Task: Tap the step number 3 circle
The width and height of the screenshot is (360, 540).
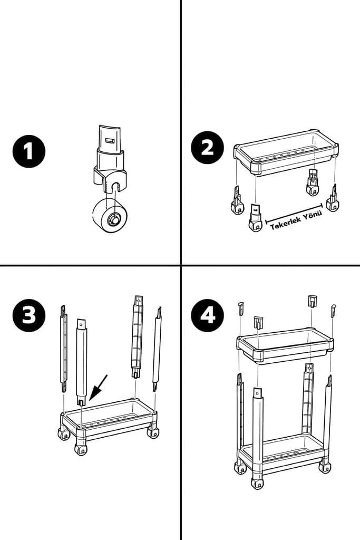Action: [29, 315]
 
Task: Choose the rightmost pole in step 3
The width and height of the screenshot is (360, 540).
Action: [157, 351]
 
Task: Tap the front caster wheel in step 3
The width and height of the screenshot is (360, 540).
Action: [81, 449]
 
